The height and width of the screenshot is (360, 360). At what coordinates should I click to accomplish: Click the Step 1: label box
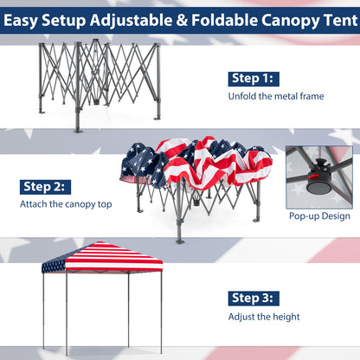[252, 79]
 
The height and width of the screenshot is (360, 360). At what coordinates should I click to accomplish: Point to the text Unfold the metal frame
[276, 96]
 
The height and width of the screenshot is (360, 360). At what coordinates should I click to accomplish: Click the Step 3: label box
[253, 299]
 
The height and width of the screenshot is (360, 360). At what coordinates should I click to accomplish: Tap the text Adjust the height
[264, 318]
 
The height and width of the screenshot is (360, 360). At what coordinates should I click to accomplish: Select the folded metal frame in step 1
[100, 82]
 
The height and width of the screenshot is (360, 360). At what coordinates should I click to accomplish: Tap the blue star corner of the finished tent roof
[54, 262]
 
